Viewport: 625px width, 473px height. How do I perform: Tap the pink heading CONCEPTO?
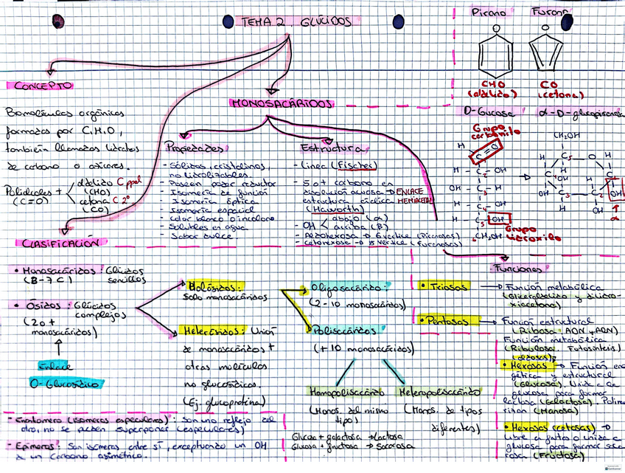43,86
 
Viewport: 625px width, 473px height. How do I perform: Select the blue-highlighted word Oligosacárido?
346,286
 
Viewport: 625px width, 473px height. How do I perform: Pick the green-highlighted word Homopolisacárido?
346,391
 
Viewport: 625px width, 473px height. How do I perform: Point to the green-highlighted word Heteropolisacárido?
439,391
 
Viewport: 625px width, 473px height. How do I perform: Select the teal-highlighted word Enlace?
56,365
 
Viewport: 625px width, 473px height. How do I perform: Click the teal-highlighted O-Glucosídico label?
55,384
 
